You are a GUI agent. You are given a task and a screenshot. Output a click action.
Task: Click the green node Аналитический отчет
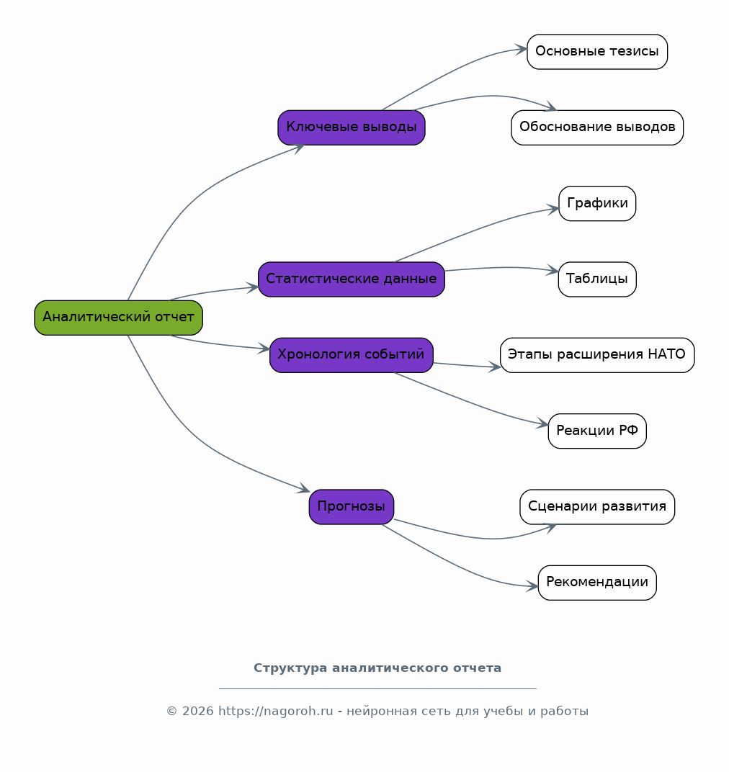coord(118,318)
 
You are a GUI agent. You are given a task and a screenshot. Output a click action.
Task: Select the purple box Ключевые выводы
coord(352,127)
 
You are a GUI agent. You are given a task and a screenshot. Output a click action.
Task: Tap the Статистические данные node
coord(352,279)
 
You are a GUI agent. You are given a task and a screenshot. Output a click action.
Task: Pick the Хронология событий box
coord(352,355)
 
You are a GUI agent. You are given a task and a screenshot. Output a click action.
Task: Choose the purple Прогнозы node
coord(352,507)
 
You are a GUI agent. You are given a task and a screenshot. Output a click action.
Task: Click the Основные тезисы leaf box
coord(597,52)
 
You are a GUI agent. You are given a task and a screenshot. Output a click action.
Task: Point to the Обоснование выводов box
coord(597,127)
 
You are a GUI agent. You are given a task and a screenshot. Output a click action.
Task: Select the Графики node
coord(597,203)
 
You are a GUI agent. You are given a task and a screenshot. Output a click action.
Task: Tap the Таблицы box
coord(597,279)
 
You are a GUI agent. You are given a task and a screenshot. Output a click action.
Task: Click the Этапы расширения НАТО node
coord(597,355)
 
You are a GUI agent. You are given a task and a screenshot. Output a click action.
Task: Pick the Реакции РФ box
coord(597,431)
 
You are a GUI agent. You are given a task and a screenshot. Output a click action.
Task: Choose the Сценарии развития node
coord(597,507)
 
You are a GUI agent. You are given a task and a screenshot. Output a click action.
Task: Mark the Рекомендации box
coord(597,583)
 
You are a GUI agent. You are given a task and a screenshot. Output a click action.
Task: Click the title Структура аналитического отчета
coord(377,668)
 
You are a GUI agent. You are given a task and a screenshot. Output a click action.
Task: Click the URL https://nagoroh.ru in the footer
coord(276,712)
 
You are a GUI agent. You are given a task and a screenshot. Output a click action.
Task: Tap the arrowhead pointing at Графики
coord(553,210)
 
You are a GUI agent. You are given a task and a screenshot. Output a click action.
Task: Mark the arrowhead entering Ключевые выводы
coord(298,148)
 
